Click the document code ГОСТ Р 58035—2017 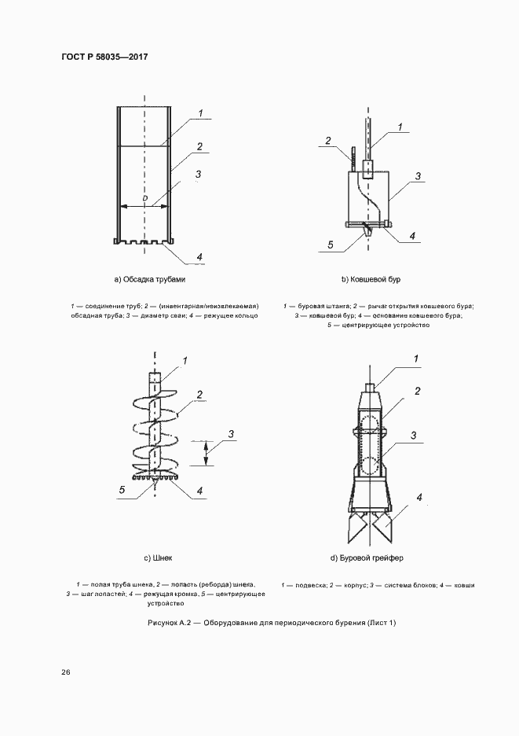104,57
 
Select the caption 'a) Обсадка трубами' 149,279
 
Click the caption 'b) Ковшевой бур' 371,279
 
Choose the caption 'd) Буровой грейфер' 367,558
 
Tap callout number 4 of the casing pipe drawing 199,257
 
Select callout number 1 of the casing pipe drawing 200,114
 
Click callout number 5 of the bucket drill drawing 331,245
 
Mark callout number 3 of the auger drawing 231,434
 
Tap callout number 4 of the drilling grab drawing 420,498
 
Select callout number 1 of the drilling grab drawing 417,360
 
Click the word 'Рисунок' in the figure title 163,623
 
